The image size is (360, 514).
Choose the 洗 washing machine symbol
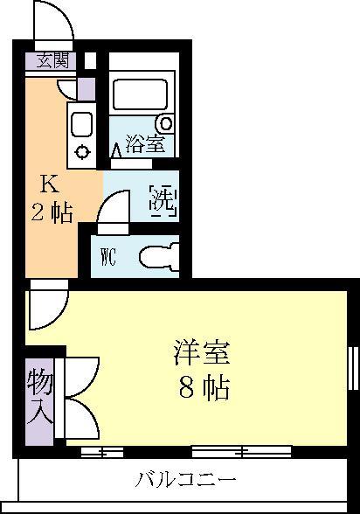tap(163, 200)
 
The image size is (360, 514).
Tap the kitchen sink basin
tap(82, 122)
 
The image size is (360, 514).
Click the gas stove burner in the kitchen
tap(82, 150)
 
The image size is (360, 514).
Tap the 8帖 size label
tap(204, 387)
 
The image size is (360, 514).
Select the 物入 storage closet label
tap(40, 397)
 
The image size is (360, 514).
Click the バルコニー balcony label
tap(185, 480)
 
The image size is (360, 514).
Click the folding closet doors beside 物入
tap(79, 398)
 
